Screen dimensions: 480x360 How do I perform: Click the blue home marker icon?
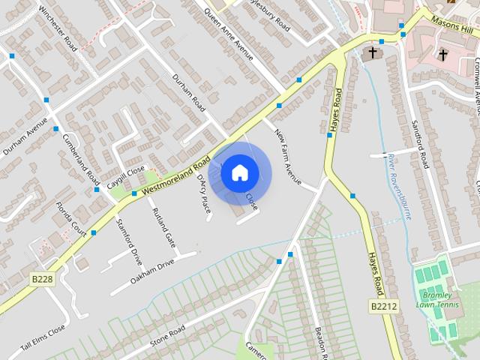239,172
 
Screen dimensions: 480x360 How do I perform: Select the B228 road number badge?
43,278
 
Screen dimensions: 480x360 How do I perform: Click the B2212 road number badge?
383,306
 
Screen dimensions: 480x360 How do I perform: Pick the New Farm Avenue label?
288,158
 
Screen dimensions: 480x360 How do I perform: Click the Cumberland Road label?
82,160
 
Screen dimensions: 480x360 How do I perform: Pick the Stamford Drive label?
128,241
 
